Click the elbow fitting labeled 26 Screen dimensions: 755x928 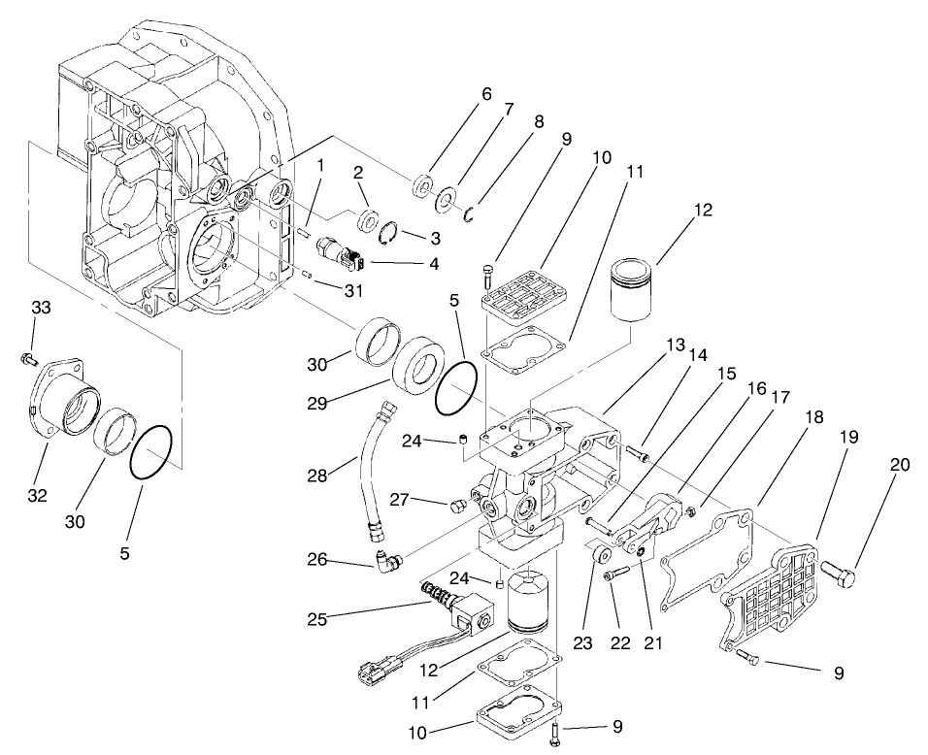(387, 560)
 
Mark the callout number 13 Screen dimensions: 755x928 (648, 345)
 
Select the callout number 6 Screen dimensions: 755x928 (485, 94)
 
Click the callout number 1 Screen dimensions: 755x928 (319, 165)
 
